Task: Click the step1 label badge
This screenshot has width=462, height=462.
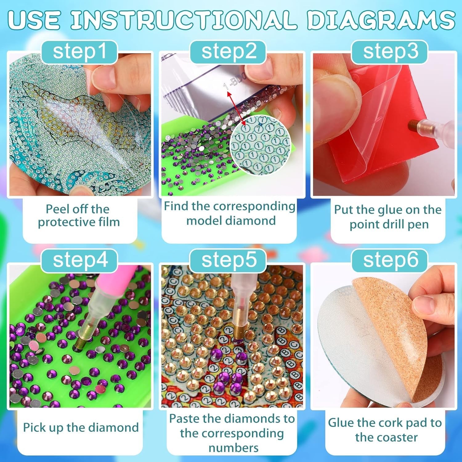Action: coord(79,51)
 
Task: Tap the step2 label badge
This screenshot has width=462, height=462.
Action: coord(228,51)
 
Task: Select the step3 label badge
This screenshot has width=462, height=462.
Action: coord(390,51)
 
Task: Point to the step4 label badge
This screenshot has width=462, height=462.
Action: coord(79,260)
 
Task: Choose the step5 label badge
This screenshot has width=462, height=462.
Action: coord(228,260)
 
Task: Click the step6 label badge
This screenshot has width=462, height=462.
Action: coord(390,260)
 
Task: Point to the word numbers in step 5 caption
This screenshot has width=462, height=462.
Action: coord(233,448)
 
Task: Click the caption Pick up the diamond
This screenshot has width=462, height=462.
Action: coord(81,428)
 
